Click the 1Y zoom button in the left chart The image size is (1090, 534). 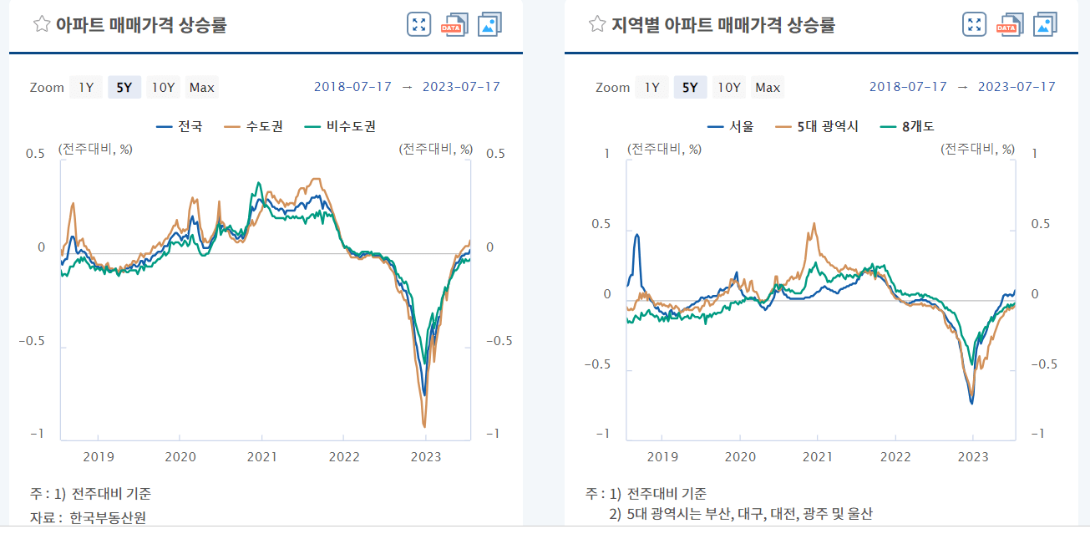tap(86, 87)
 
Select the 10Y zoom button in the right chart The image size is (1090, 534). tap(729, 87)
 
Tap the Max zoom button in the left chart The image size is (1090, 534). tap(201, 87)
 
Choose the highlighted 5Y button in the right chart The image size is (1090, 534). tap(690, 87)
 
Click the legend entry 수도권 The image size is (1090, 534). tap(255, 126)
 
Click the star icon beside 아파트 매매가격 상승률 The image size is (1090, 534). tap(41, 24)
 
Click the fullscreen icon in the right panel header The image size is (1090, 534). tap(974, 24)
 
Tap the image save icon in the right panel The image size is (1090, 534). tap(1046, 24)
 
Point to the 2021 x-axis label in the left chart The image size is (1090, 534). tap(262, 456)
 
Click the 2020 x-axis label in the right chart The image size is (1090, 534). tap(740, 456)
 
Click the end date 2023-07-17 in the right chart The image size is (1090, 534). tap(1016, 87)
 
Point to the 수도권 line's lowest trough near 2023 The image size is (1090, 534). tap(424, 426)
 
